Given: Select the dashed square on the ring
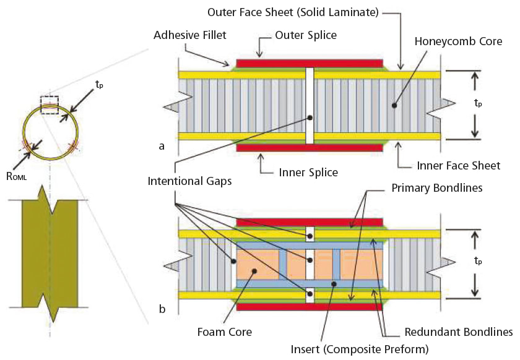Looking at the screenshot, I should point(49,105).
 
